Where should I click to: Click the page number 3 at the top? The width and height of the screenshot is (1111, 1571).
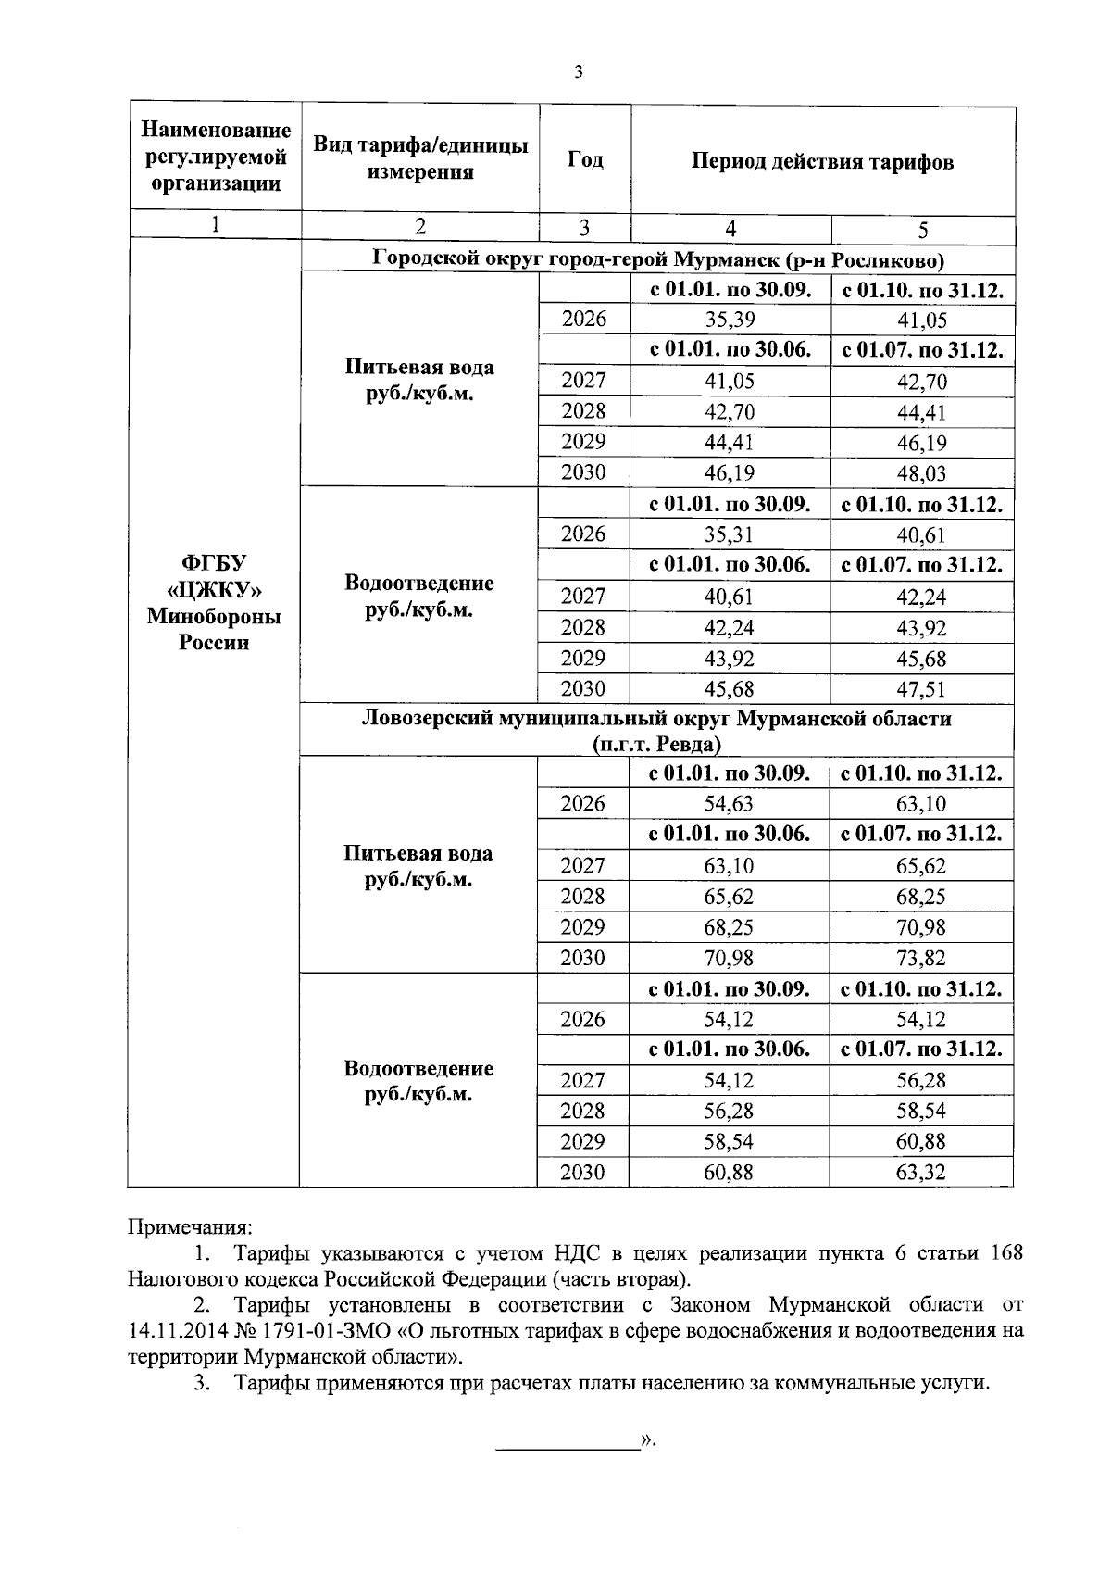pyautogui.click(x=578, y=73)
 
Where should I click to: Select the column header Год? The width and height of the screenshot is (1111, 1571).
pyautogui.click(x=584, y=159)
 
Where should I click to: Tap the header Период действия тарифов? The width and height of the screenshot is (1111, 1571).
pyautogui.click(x=822, y=162)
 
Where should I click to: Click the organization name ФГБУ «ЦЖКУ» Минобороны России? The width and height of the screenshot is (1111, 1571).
pyautogui.click(x=214, y=603)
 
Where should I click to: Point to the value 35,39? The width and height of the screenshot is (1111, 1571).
pyautogui.click(x=730, y=320)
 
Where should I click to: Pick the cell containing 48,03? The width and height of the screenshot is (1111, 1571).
pyautogui.click(x=921, y=473)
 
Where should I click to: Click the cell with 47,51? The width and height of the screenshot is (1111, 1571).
pyautogui.click(x=921, y=689)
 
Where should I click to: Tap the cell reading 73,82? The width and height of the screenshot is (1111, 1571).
pyautogui.click(x=921, y=958)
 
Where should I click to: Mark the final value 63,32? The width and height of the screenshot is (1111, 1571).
pyautogui.click(x=921, y=1173)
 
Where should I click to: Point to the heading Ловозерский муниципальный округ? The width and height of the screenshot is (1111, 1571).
pyautogui.click(x=656, y=719)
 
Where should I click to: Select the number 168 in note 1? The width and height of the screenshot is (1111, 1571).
pyautogui.click(x=1006, y=1253)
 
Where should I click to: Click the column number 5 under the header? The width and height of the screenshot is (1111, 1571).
pyautogui.click(x=922, y=231)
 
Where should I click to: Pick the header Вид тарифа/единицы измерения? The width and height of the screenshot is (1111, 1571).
pyautogui.click(x=420, y=158)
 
